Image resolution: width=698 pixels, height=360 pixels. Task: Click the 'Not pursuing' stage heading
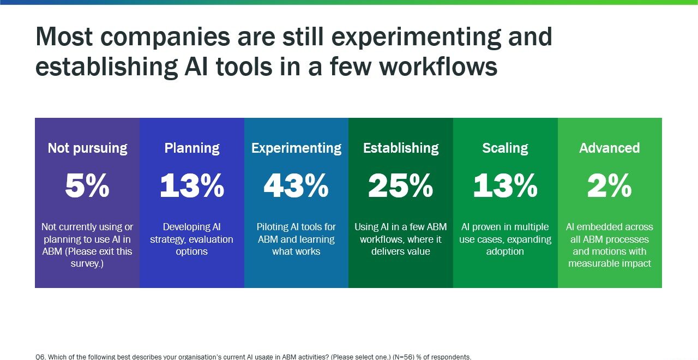click(87, 148)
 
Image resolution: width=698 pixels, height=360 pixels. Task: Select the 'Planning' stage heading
click(192, 148)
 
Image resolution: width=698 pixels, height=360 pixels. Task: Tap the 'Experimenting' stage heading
click(296, 148)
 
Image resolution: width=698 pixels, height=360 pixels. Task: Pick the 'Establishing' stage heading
click(401, 148)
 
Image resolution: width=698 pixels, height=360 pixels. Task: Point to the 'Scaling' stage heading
click(505, 148)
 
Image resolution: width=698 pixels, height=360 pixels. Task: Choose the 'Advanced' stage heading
click(610, 148)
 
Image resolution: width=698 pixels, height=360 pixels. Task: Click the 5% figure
click(87, 187)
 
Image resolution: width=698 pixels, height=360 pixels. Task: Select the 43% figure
click(296, 187)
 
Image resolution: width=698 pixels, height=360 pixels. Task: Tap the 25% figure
click(401, 187)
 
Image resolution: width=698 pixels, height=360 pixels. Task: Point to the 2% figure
click(610, 187)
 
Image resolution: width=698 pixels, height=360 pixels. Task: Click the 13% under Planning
click(192, 187)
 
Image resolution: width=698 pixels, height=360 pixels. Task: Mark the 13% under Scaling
click(505, 187)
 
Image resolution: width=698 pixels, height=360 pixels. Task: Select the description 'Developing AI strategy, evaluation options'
click(192, 239)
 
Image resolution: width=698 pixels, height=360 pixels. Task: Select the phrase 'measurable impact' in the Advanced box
click(610, 264)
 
